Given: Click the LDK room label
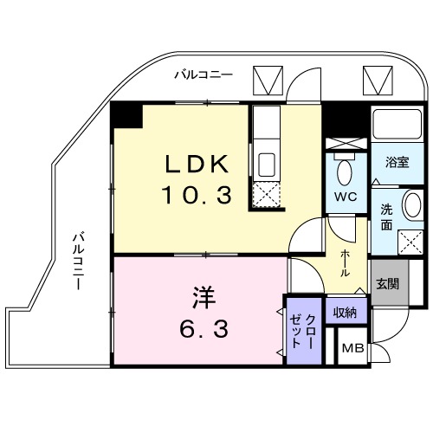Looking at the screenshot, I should pyautogui.click(x=198, y=165).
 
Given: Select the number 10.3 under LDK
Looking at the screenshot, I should pyautogui.click(x=198, y=195).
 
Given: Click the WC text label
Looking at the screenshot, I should pyautogui.click(x=346, y=196).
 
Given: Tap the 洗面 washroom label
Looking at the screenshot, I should pyautogui.click(x=385, y=215).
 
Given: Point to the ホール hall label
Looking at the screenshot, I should pyautogui.click(x=346, y=260).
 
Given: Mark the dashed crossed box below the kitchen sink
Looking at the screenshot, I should pyautogui.click(x=266, y=195).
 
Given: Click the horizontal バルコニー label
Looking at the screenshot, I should pyautogui.click(x=203, y=75).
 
